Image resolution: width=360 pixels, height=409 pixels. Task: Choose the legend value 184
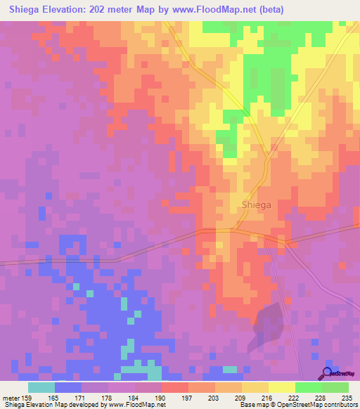tap(134, 397)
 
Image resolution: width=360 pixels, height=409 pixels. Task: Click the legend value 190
tap(161, 397)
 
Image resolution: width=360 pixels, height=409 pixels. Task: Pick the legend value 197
tap(188, 397)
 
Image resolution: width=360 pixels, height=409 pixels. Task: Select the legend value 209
tap(241, 397)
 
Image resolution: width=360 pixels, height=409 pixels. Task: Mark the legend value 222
tap(295, 397)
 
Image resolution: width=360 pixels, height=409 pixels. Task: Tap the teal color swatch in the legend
tap(41, 387)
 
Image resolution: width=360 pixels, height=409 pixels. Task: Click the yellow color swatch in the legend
tap(281, 387)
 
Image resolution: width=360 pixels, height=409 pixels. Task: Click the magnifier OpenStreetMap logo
tap(328, 372)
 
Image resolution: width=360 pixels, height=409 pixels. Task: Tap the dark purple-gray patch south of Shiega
tap(268, 323)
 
